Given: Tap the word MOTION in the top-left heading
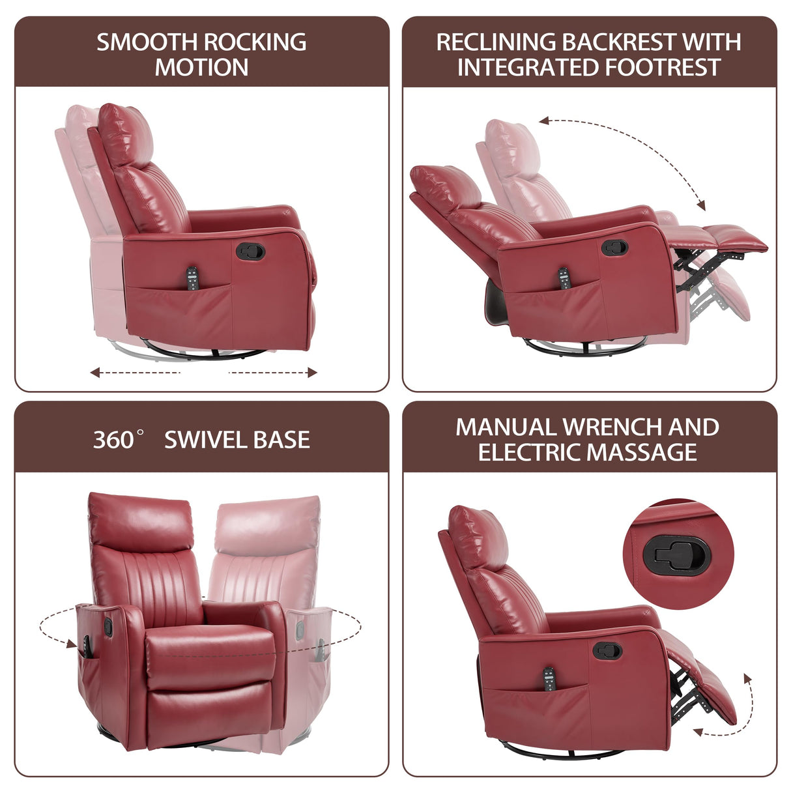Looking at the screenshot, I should point(201,68).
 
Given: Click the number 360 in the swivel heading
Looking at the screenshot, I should point(113,440).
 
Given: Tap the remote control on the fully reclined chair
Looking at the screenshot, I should point(563,278).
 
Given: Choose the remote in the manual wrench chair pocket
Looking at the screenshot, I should point(549,678).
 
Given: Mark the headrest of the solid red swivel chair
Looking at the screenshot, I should point(141,521).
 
